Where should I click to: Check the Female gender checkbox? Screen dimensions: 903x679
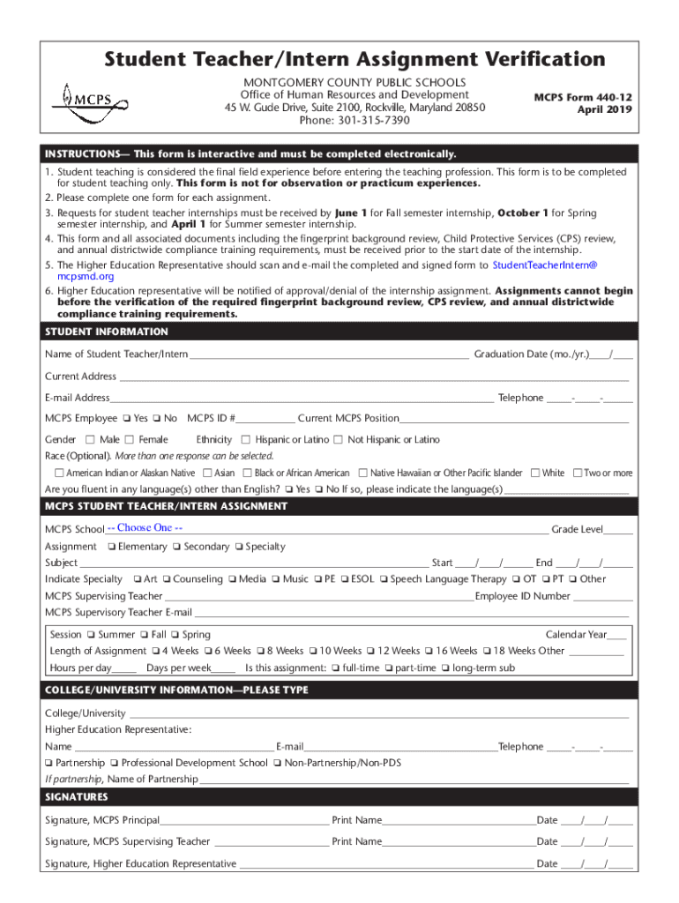pyautogui.click(x=132, y=440)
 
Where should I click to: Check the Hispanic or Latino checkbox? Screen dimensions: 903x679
pyautogui.click(x=246, y=440)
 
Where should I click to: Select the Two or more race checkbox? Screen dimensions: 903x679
pyautogui.click(x=578, y=474)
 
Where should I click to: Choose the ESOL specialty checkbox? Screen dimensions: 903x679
pyautogui.click(x=346, y=579)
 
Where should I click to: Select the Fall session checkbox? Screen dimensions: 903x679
pyautogui.click(x=145, y=635)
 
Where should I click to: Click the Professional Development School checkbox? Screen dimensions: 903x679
pyautogui.click(x=115, y=763)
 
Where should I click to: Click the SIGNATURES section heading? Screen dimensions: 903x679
pyautogui.click(x=77, y=796)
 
